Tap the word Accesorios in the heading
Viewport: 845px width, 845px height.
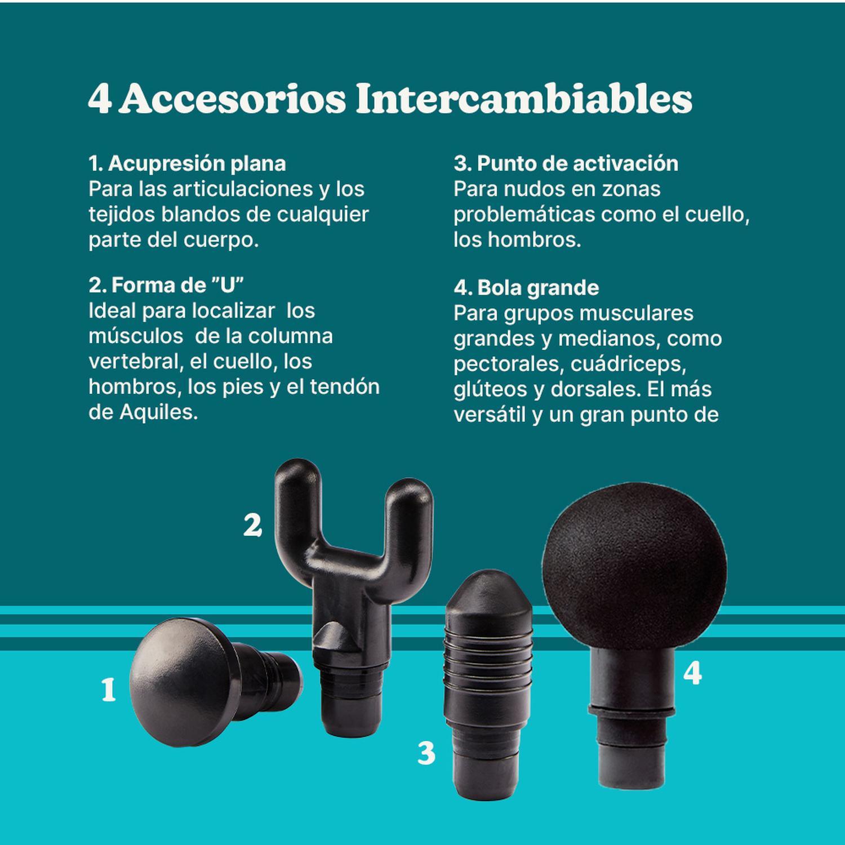(x=232, y=100)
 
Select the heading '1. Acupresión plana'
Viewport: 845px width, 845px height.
(x=187, y=163)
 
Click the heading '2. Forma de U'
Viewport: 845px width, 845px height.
(x=166, y=285)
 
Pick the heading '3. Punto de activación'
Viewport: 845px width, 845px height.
(x=566, y=163)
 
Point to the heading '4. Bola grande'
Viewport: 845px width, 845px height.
(x=526, y=288)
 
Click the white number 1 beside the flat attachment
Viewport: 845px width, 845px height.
(x=108, y=690)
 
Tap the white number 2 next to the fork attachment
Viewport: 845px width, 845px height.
(x=252, y=525)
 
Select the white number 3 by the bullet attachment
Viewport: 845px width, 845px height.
(x=426, y=753)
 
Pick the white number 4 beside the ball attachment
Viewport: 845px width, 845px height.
(x=692, y=673)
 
